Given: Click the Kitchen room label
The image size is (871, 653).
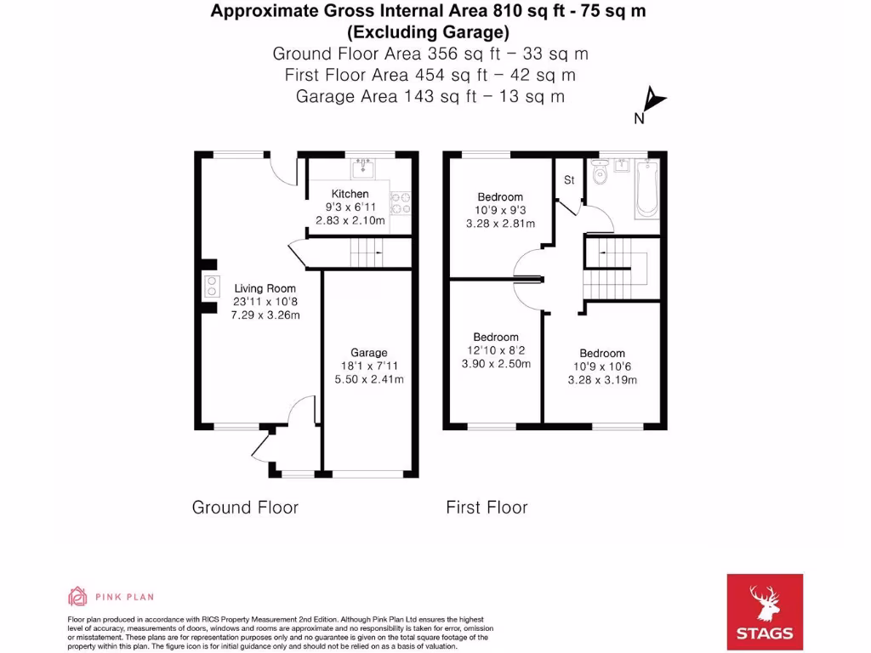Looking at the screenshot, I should (x=350, y=194).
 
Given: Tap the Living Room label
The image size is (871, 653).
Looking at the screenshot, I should (x=265, y=288).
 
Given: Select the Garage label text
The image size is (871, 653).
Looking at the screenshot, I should (x=368, y=352).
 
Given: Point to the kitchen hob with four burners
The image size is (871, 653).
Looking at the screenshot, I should (x=401, y=203).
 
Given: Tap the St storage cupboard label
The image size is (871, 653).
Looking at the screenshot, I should (x=569, y=180).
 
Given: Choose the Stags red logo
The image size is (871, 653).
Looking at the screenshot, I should (x=765, y=612).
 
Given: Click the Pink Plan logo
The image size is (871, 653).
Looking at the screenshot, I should (x=111, y=597).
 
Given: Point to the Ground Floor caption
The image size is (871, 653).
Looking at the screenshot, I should (x=245, y=508).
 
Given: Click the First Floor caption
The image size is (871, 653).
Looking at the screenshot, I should (x=487, y=508).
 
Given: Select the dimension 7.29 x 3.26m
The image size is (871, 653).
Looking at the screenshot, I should (x=265, y=315).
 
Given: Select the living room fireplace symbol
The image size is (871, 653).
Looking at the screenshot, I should (x=208, y=287).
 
